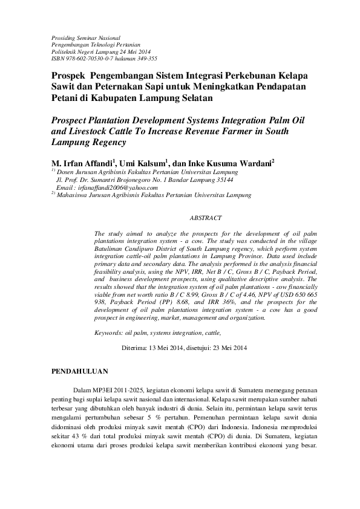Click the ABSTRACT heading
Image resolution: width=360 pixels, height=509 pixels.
pyautogui.click(x=206, y=218)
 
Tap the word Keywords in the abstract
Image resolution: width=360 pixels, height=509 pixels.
pyautogui.click(x=108, y=333)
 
